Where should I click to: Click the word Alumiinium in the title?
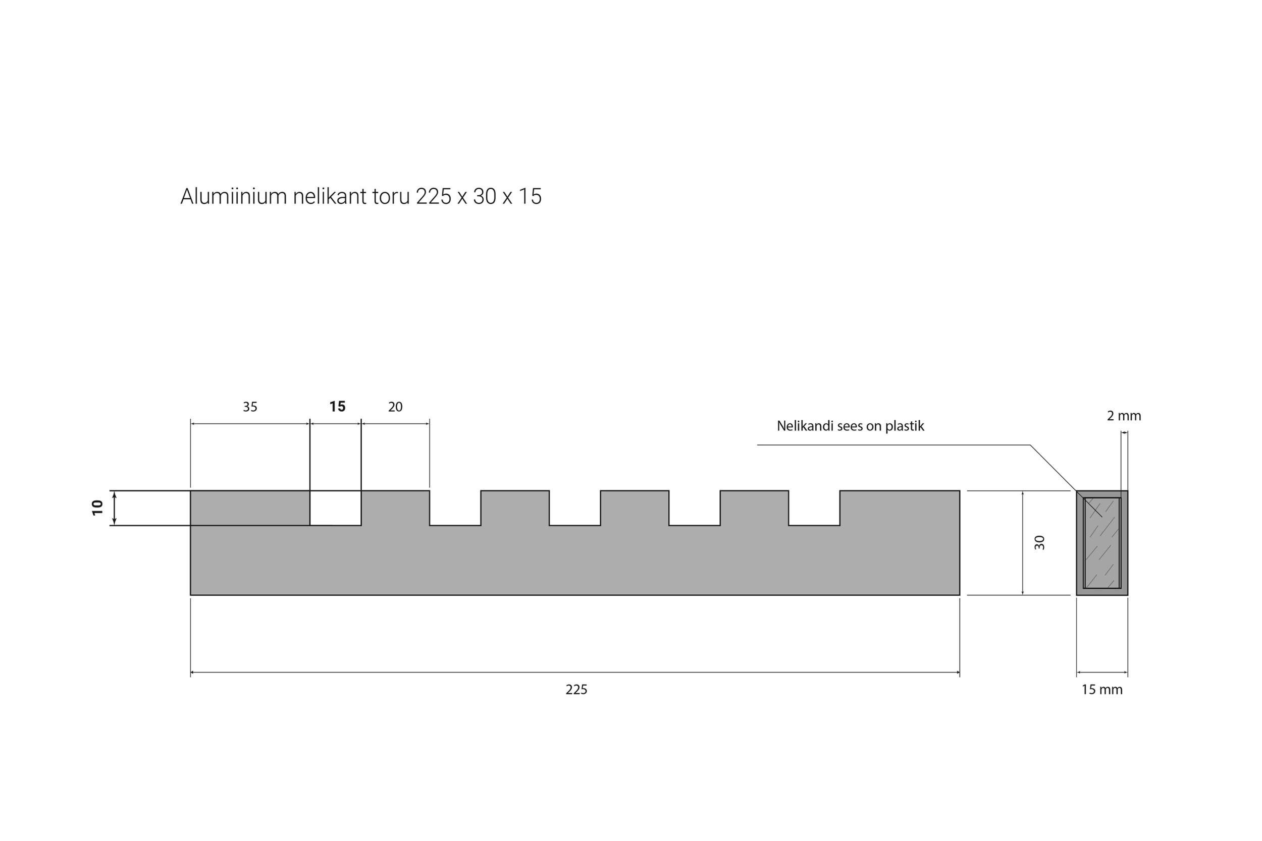click(x=233, y=196)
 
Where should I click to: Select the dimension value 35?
click(x=250, y=407)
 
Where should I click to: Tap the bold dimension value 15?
click(x=338, y=407)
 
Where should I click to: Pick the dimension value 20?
click(x=395, y=407)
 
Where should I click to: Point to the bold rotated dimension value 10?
click(x=97, y=508)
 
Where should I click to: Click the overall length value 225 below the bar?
click(x=576, y=690)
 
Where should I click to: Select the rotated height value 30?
click(x=1040, y=542)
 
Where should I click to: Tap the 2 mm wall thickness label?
click(x=1124, y=416)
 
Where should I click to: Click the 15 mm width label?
click(x=1102, y=690)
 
